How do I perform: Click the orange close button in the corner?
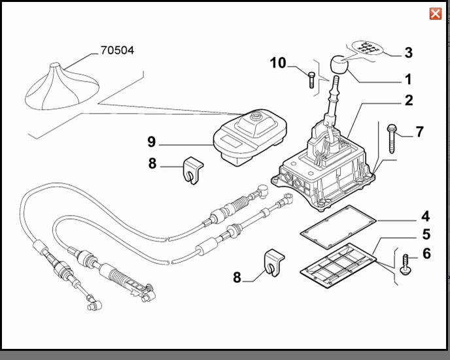[435, 14]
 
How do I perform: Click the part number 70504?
[117, 50]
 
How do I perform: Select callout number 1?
[408, 80]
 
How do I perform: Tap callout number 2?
[408, 101]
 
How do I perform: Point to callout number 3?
[408, 52]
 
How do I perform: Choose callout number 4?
[425, 215]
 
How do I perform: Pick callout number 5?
[425, 234]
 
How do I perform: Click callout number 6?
[426, 254]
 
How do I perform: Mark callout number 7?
[419, 132]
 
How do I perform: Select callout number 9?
[151, 141]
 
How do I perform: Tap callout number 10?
[278, 63]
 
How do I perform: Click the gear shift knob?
[339, 65]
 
